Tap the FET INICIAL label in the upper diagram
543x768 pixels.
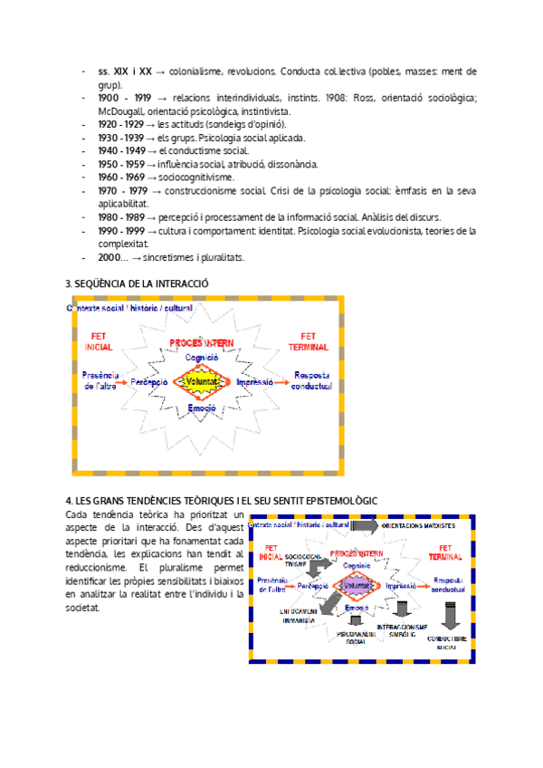tap(98, 341)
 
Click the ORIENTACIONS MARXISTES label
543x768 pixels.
tap(418, 525)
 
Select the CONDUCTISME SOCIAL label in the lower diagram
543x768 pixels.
tap(447, 643)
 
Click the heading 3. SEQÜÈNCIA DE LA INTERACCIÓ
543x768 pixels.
tap(138, 283)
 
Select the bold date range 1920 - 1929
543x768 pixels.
tap(119, 124)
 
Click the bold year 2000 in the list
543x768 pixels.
tap(110, 257)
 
